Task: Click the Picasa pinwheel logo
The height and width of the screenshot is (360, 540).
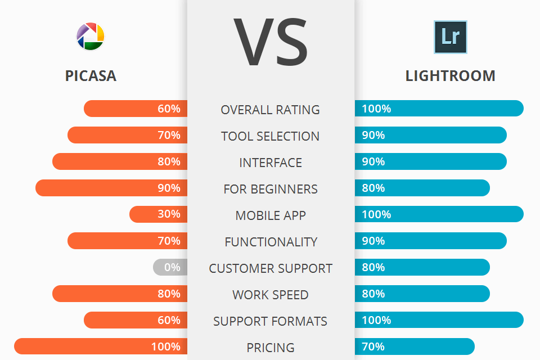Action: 90,37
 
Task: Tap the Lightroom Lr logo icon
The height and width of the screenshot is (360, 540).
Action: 451,37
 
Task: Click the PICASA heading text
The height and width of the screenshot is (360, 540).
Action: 91,76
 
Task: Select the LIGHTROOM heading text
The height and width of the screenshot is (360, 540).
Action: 450,76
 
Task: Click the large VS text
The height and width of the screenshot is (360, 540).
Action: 271,42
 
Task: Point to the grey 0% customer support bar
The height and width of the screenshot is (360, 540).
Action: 170,267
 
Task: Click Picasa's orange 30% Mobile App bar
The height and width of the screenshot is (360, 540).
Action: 158,214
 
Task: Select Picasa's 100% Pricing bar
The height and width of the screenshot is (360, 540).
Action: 101,346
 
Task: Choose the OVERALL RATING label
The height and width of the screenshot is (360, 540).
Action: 270,110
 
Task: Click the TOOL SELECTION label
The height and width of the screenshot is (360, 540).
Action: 270,136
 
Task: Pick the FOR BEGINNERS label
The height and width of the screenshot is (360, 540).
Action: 270,189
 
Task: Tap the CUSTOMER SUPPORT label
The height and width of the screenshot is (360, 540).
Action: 270,268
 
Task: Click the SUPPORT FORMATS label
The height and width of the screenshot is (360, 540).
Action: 270,321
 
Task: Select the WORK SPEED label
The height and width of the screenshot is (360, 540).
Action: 270,295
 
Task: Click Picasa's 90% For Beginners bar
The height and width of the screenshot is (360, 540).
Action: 111,188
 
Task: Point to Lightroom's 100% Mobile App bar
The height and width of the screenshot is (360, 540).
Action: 439,214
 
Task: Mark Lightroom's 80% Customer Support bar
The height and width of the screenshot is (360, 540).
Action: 422,267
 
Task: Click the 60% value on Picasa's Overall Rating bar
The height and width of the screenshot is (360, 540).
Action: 169,109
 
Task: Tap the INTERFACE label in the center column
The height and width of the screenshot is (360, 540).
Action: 270,163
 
